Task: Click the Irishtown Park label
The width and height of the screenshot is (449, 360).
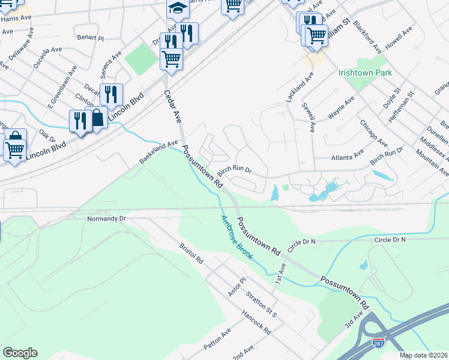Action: (365, 73)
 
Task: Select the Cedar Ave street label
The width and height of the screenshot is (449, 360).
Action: (173, 107)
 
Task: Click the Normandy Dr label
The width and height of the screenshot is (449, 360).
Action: (106, 219)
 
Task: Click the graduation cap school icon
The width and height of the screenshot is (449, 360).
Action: (178, 8)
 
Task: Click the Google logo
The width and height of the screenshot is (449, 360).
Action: (20, 353)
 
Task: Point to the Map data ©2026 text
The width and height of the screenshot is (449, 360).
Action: (423, 355)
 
